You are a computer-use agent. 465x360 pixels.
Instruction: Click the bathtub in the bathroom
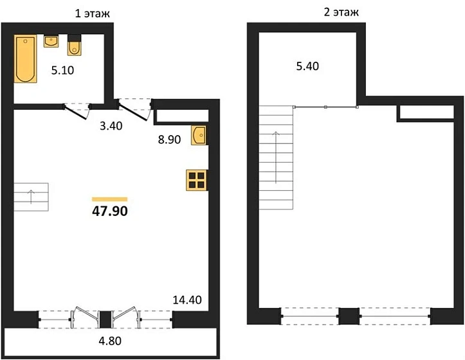point(26,59)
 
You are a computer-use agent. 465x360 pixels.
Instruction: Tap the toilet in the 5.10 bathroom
point(74,46)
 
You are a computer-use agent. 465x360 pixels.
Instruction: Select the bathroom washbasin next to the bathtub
point(51,41)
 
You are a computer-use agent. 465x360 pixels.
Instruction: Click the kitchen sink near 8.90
point(199,136)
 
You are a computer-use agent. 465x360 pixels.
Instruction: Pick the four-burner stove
point(196,180)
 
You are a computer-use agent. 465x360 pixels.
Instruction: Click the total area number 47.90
point(110,211)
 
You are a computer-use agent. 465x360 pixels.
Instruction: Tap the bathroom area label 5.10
point(62,70)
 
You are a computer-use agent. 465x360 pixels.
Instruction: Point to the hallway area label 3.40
point(111,126)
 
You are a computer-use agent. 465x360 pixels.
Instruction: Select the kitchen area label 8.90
point(169,139)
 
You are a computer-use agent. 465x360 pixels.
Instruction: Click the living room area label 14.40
point(187,300)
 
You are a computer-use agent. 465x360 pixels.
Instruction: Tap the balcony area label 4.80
point(110,341)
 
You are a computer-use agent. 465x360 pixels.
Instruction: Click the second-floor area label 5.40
point(307,66)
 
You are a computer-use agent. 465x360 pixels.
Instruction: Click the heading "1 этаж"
point(92,14)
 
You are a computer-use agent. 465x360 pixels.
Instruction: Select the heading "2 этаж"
point(341,12)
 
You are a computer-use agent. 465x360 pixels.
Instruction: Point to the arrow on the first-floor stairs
point(31,197)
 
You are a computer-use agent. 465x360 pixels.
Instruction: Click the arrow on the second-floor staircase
point(276,157)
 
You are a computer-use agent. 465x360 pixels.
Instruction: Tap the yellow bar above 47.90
point(110,199)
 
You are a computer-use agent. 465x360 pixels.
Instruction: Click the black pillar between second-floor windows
point(349,316)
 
